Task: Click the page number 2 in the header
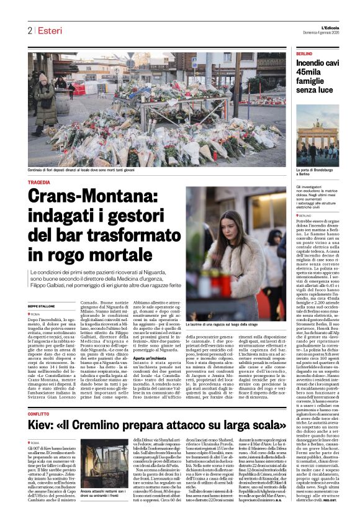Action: coord(29,30)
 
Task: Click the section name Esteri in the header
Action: coord(48,30)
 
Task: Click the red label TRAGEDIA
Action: coord(39,183)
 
